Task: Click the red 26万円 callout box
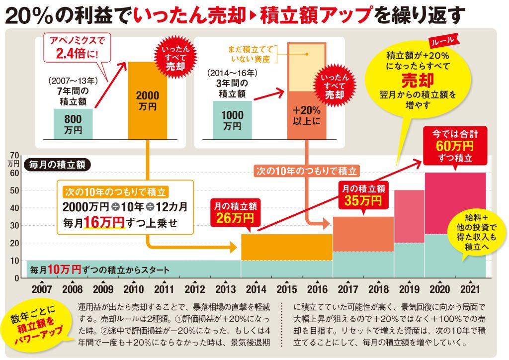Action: pos(233,213)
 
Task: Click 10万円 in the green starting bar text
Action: pos(65,269)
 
